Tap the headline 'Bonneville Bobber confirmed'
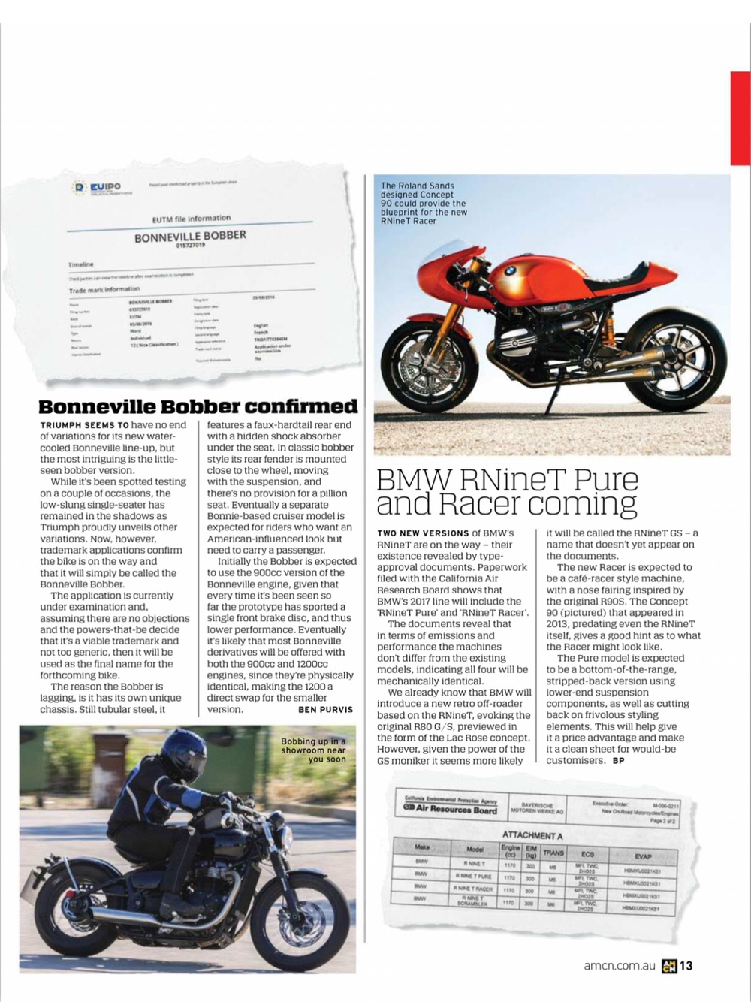click(x=198, y=406)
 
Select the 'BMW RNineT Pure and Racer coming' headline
click(x=507, y=491)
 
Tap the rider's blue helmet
click(x=183, y=755)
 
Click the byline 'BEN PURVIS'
click(x=325, y=709)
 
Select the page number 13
click(x=686, y=967)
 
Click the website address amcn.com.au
click(x=620, y=967)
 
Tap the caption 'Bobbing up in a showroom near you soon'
click(x=314, y=750)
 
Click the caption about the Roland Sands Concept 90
click(x=424, y=203)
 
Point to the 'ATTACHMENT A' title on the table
click(x=532, y=835)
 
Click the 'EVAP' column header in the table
click(x=643, y=856)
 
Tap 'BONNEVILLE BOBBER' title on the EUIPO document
click(x=190, y=236)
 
